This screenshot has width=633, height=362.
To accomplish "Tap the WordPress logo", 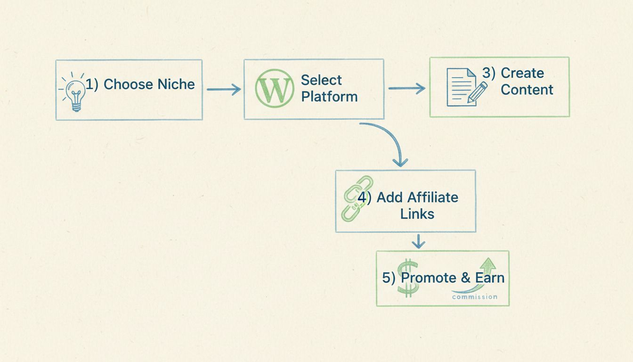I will tap(274, 89).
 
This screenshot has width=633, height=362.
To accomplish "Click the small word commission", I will tap(474, 296).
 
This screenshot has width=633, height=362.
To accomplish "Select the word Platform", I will tap(329, 97).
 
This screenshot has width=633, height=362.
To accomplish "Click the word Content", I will tap(527, 90).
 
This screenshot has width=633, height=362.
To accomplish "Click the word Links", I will tap(417, 214).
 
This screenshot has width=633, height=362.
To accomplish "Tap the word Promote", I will tap(429, 278).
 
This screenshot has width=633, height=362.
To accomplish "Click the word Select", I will tap(321, 80).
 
